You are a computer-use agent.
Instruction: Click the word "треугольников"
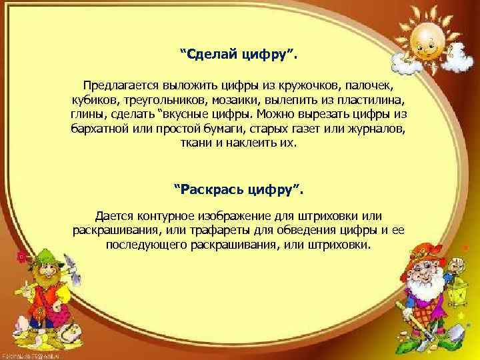click(162, 100)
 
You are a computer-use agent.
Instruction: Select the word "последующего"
click(142, 245)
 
